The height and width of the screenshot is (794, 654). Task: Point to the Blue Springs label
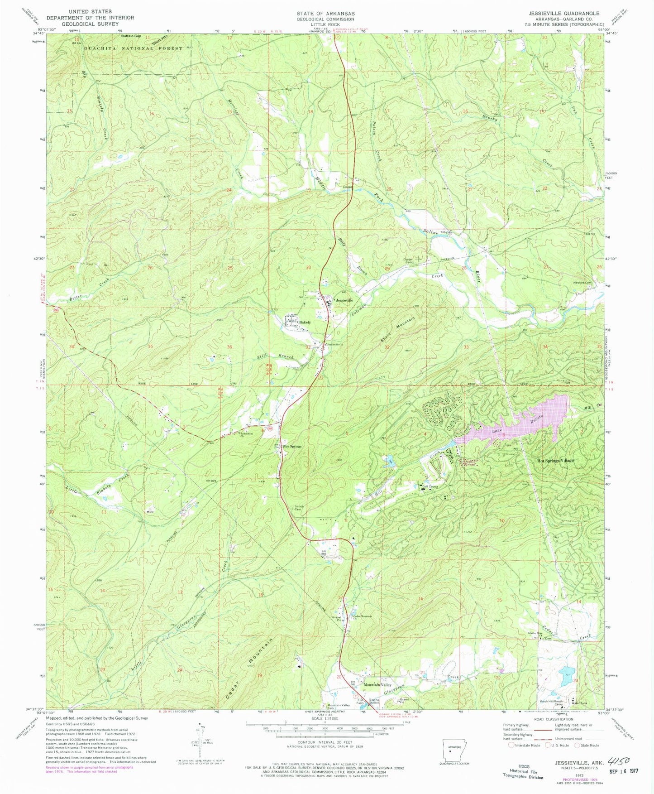[292, 446]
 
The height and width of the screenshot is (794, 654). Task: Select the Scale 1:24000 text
[325, 731]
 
